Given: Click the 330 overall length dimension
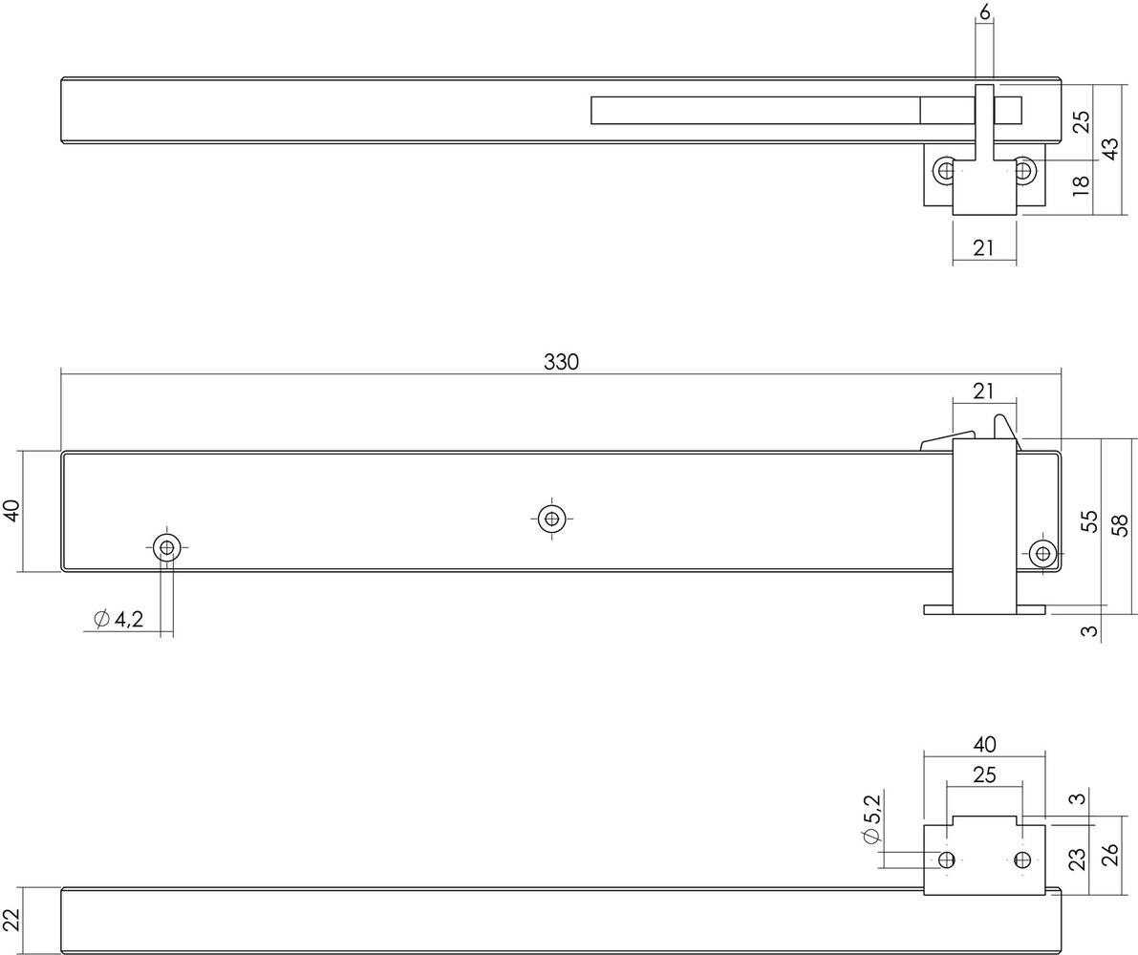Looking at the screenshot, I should click(562, 362).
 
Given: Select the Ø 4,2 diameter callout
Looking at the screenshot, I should click(119, 620).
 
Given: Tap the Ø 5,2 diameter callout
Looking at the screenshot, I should click(870, 824).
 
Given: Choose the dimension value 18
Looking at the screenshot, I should click(1081, 184).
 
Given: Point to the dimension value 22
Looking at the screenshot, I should click(11, 920).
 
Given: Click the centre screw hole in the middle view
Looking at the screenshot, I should click(549, 519).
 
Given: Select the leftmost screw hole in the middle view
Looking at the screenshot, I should click(167, 547).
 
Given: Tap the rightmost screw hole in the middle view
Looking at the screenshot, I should click(1041, 552).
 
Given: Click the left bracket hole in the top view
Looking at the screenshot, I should click(946, 172).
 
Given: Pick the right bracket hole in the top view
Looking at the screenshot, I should click(1023, 172).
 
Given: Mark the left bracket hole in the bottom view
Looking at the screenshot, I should click(947, 859).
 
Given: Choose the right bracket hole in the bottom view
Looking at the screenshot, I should click(1023, 859).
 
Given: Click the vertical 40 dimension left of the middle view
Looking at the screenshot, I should click(11, 511).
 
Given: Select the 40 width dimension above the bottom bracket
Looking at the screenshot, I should click(984, 743).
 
